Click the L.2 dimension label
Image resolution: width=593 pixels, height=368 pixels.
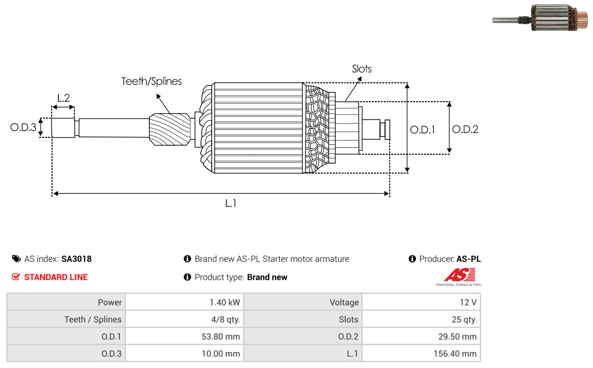click(x=63, y=98)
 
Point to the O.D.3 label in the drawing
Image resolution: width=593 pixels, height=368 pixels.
click(x=23, y=127)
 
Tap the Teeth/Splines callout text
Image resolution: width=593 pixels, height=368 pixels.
click(x=151, y=81)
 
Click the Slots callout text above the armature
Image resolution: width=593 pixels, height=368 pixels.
click(x=361, y=69)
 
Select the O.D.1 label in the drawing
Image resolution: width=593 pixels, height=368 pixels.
click(x=422, y=130)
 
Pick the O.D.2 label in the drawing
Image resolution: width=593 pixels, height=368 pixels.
click(x=465, y=129)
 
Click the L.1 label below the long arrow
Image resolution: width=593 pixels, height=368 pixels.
click(x=231, y=203)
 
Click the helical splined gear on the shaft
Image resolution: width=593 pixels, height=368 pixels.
click(x=170, y=129)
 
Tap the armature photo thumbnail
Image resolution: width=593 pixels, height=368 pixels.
click(x=540, y=17)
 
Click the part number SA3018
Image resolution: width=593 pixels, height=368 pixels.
click(x=76, y=259)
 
